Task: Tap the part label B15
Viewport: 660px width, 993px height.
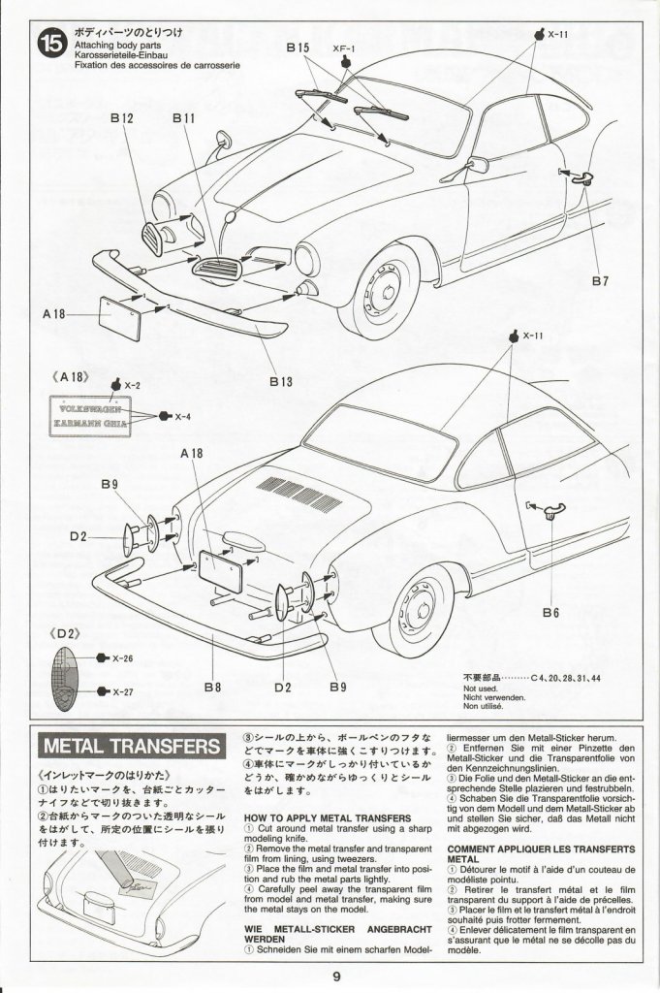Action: tap(298, 48)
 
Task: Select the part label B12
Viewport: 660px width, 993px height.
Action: tap(121, 117)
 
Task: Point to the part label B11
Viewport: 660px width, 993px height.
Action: tap(183, 117)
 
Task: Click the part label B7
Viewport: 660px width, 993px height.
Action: tap(600, 281)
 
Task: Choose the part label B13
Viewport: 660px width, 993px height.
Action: tap(280, 381)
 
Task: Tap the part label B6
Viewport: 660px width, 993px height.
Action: tap(551, 612)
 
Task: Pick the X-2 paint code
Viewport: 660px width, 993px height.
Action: tap(132, 385)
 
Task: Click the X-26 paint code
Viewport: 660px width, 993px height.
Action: tap(121, 658)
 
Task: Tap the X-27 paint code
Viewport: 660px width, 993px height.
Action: tap(121, 691)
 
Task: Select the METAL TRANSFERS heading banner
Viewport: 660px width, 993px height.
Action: tap(133, 746)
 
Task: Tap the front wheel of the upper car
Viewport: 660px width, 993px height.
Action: tap(381, 290)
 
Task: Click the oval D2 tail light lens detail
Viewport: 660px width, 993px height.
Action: tap(63, 676)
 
